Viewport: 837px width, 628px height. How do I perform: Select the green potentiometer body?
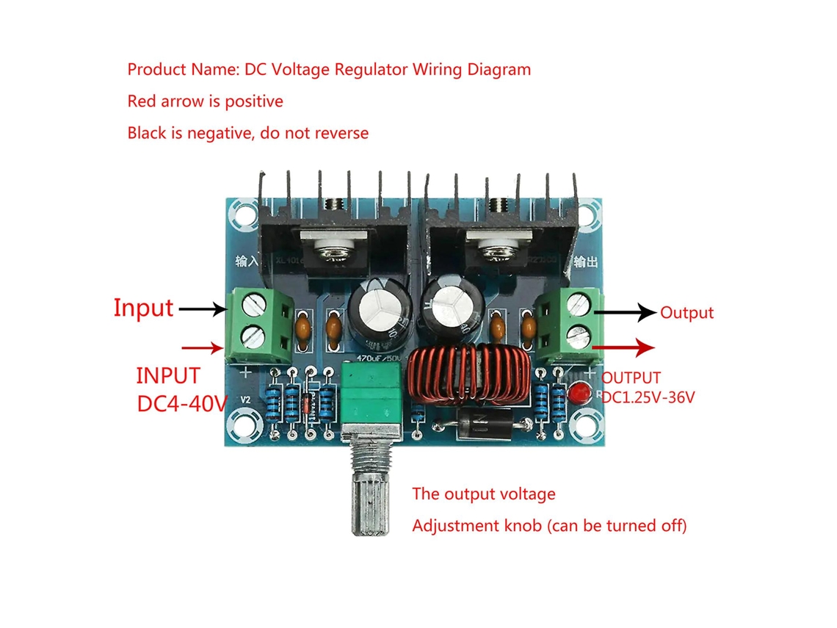371,397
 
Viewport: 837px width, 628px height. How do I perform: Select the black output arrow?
624,312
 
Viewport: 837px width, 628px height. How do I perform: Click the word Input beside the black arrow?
143,308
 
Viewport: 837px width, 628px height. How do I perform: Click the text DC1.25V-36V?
649,397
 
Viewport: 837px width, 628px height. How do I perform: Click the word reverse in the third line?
341,133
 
